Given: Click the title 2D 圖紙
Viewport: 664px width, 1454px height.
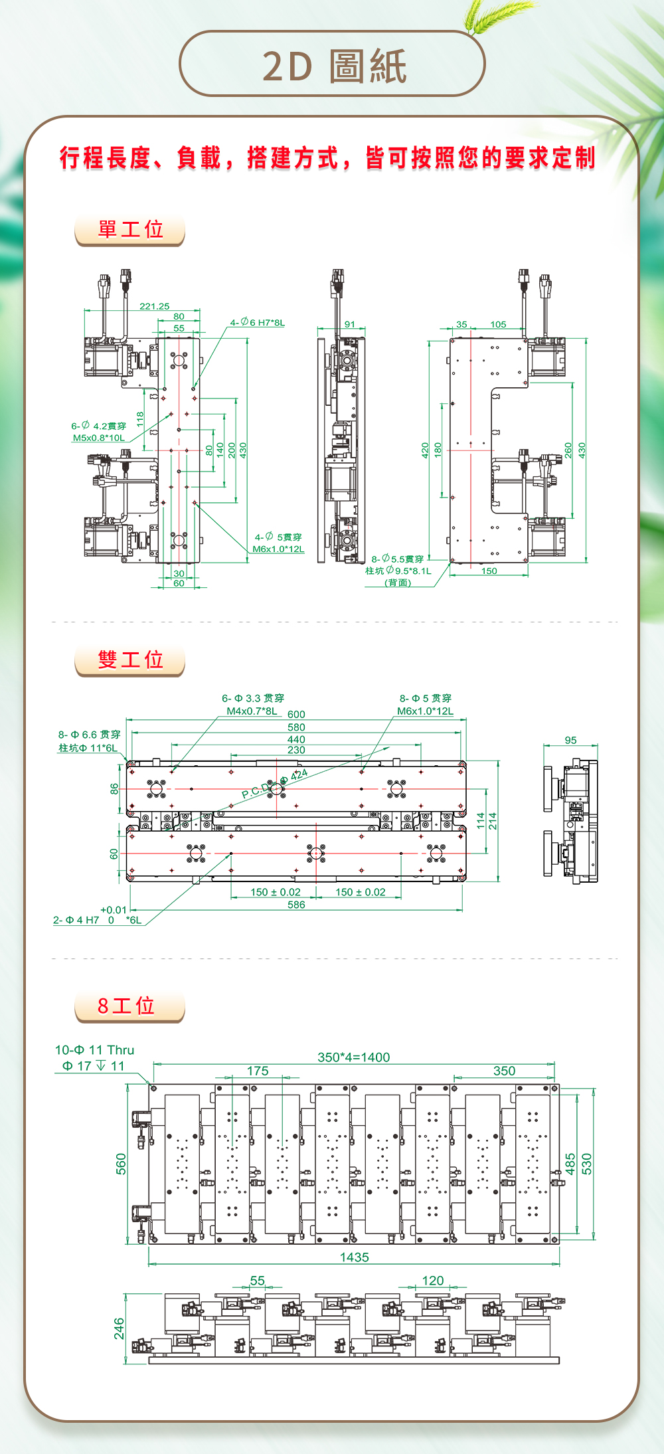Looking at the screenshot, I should point(333,66).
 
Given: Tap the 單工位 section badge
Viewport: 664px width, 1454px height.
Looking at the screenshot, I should point(130,229).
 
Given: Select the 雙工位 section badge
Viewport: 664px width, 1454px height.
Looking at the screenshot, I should point(130,660).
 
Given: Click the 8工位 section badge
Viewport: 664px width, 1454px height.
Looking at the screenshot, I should point(126,1006).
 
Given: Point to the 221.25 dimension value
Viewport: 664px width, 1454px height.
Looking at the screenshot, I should point(154,306).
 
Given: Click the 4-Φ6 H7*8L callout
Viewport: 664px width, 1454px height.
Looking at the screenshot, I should point(258,322).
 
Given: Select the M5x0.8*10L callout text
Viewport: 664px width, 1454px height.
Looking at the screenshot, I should point(98,438).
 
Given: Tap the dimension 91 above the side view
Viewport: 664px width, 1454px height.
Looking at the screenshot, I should point(350,324).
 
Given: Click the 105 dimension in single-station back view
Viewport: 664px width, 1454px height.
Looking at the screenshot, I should point(498,324).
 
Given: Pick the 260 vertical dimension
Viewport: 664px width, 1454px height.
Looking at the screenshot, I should point(568,450).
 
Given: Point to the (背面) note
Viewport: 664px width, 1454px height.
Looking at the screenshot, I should point(398,583).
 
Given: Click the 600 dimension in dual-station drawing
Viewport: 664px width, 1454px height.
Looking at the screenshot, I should point(296,714).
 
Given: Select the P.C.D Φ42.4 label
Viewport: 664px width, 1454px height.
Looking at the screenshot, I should point(274,784).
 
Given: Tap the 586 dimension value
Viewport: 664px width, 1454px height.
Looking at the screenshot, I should point(296,905).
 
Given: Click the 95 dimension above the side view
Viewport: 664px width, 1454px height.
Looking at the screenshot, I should point(570,740).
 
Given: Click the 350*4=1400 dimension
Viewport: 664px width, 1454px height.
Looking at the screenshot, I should point(353,1057).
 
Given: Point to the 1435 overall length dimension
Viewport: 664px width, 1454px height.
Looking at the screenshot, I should point(354,1257).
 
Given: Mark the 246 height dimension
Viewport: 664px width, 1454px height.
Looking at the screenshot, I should point(119,1328).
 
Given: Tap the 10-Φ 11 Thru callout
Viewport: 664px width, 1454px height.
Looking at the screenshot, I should point(94,1050).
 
